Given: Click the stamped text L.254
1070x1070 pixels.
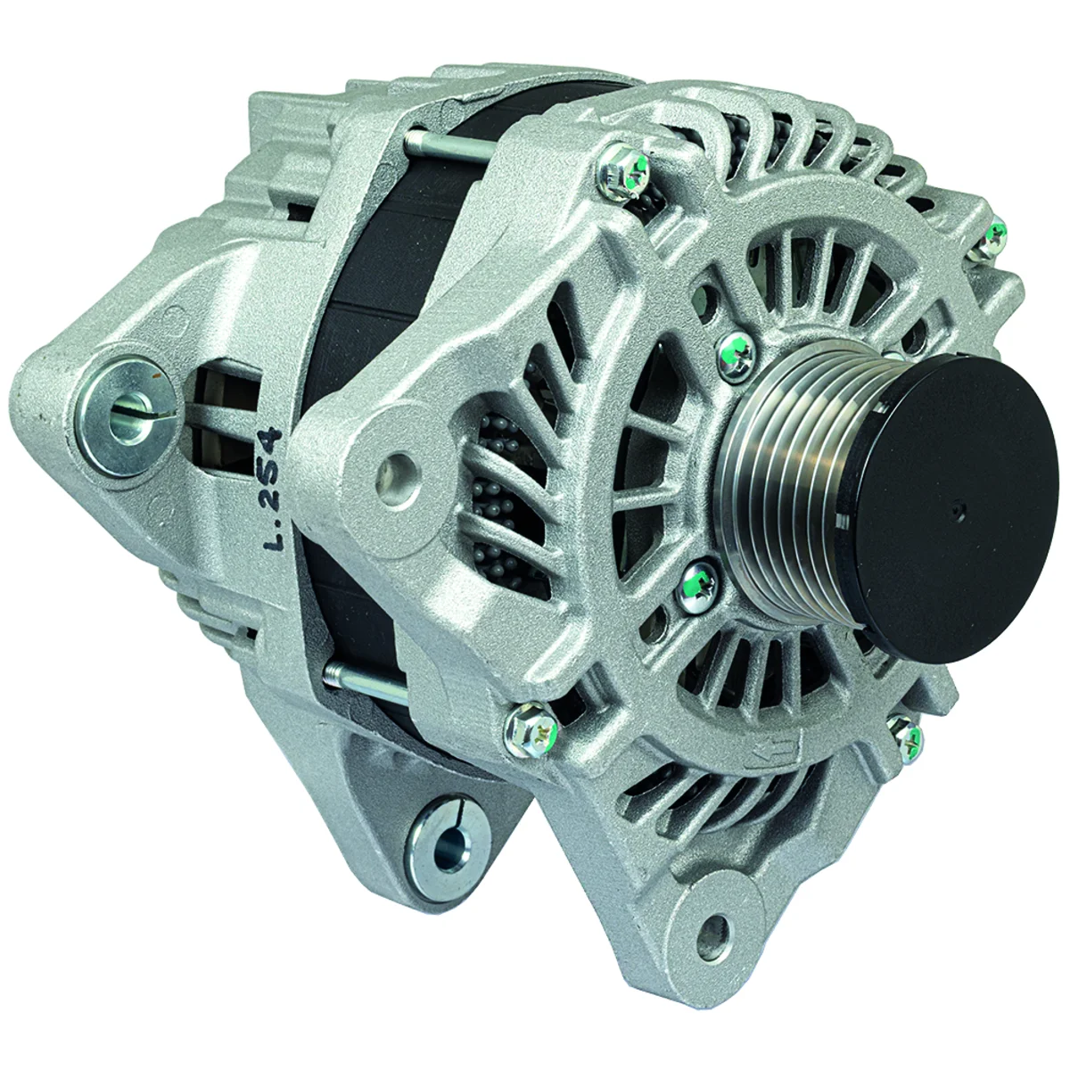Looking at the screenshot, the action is pyautogui.click(x=274, y=488).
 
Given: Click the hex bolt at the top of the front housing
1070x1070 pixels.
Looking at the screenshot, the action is pyautogui.click(x=626, y=170).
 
